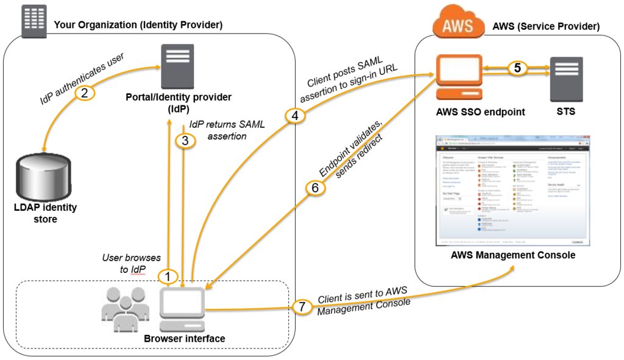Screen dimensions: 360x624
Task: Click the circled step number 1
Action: [x=167, y=276]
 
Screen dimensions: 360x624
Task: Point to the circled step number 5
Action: [x=517, y=68]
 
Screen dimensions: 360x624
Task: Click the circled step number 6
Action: [x=314, y=188]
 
